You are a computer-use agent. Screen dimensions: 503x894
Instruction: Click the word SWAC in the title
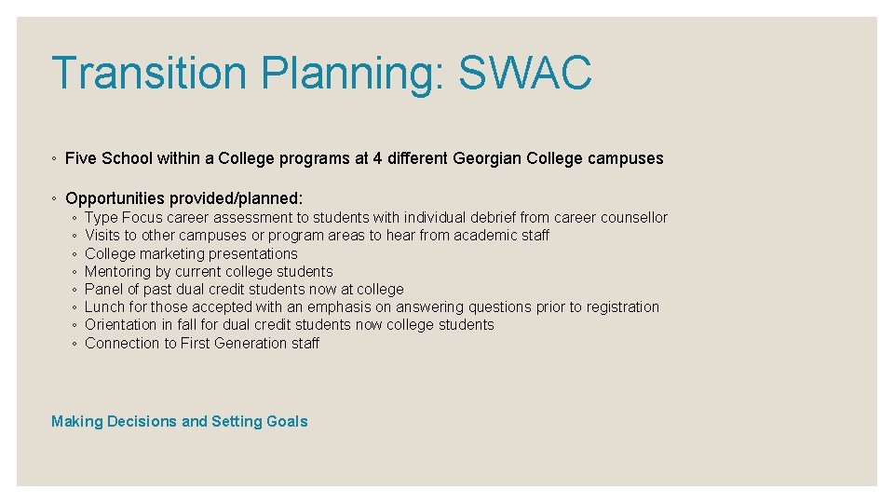tap(525, 74)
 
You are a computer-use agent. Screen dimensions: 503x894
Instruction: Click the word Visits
tap(102, 236)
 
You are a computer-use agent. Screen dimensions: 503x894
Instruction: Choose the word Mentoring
tap(116, 271)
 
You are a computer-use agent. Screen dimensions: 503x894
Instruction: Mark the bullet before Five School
tap(56, 159)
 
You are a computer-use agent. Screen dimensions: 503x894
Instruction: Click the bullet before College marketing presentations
tap(74, 254)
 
